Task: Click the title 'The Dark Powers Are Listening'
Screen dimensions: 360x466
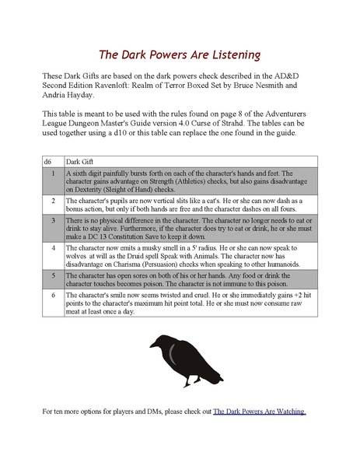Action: pyautogui.click(x=179, y=55)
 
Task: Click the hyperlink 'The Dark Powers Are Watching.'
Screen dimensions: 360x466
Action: pyautogui.click(x=260, y=410)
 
